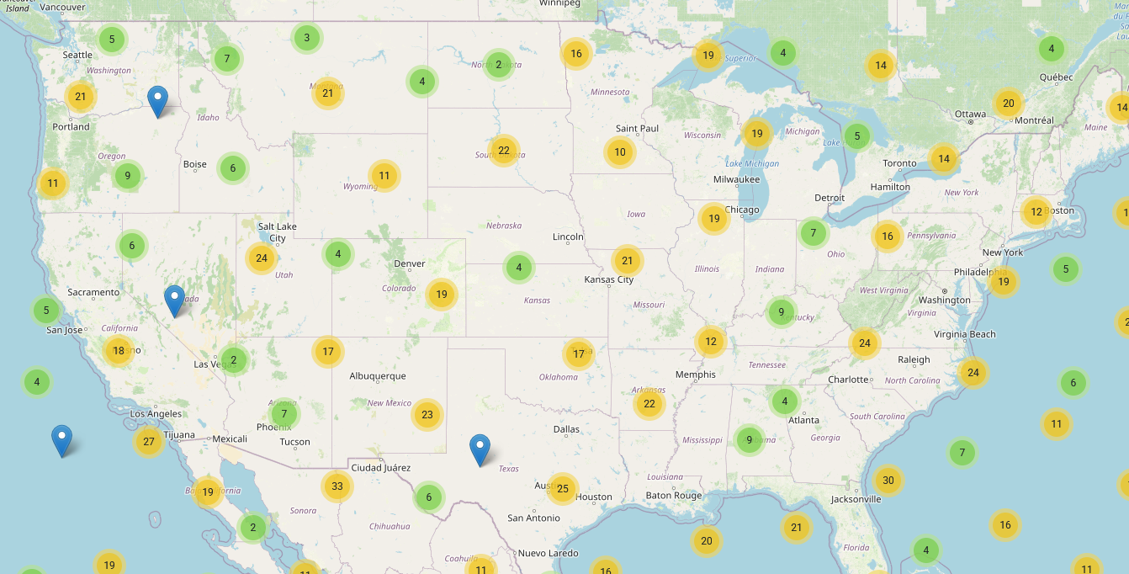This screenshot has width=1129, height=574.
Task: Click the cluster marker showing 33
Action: click(337, 486)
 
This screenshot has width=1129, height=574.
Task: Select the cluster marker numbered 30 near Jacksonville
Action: click(888, 481)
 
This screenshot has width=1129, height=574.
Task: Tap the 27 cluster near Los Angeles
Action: click(149, 441)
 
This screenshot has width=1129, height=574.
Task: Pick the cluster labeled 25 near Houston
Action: click(563, 488)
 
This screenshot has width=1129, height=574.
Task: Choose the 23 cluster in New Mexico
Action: click(427, 414)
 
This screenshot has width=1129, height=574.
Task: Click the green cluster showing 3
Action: click(307, 37)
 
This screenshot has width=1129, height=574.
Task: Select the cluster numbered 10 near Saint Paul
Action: click(620, 151)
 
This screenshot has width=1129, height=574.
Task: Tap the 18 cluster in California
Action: click(119, 350)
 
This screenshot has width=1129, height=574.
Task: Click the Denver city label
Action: click(410, 263)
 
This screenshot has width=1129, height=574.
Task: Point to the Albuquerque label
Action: click(378, 376)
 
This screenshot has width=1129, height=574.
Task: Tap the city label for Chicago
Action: click(742, 210)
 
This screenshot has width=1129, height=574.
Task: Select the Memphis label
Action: click(696, 375)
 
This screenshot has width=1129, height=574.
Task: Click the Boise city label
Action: click(194, 164)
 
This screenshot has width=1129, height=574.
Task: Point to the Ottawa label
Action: click(970, 114)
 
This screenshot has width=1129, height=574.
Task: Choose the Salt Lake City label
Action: click(278, 232)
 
